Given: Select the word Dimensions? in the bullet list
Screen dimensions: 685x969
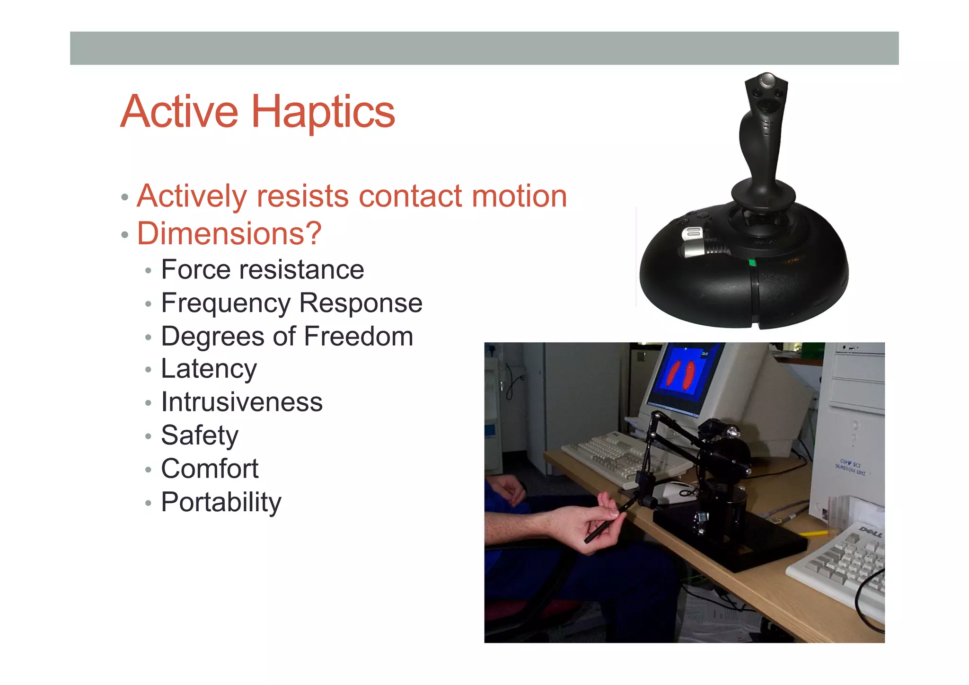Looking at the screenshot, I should (x=229, y=233).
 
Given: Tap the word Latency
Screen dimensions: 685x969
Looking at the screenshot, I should (x=209, y=369).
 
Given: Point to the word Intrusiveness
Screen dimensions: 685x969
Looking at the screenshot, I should (x=242, y=402).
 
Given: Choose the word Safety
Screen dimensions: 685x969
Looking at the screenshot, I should (x=200, y=436).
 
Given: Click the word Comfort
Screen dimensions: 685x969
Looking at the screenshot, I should (x=210, y=469).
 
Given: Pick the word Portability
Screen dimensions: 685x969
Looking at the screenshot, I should (x=221, y=502).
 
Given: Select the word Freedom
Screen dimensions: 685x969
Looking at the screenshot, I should (x=358, y=336).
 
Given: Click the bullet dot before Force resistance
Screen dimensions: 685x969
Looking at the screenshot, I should (x=148, y=271).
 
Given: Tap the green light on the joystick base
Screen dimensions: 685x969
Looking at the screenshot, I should (x=752, y=263).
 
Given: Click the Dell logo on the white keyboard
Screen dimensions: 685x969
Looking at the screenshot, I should (x=870, y=532).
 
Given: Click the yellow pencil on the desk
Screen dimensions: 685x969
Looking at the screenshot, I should (x=814, y=534).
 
